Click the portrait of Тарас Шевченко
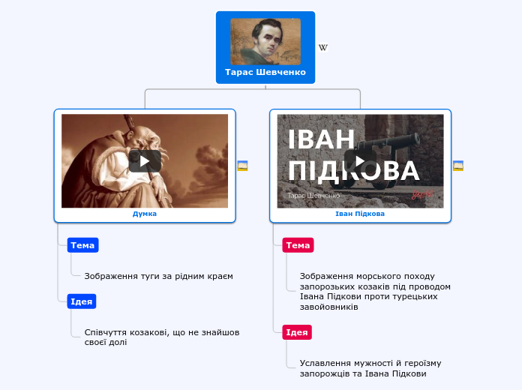265,41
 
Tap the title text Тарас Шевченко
265,73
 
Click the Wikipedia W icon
323,48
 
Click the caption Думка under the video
145,214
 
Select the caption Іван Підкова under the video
360,214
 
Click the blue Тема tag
82,245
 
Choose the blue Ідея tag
81,301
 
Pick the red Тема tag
298,245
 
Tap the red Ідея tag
297,332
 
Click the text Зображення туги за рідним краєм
159,276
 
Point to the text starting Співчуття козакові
162,337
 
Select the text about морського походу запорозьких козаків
375,291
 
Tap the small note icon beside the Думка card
242,166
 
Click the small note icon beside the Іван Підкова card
458,166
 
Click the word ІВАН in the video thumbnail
322,139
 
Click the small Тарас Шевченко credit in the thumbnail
313,196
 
